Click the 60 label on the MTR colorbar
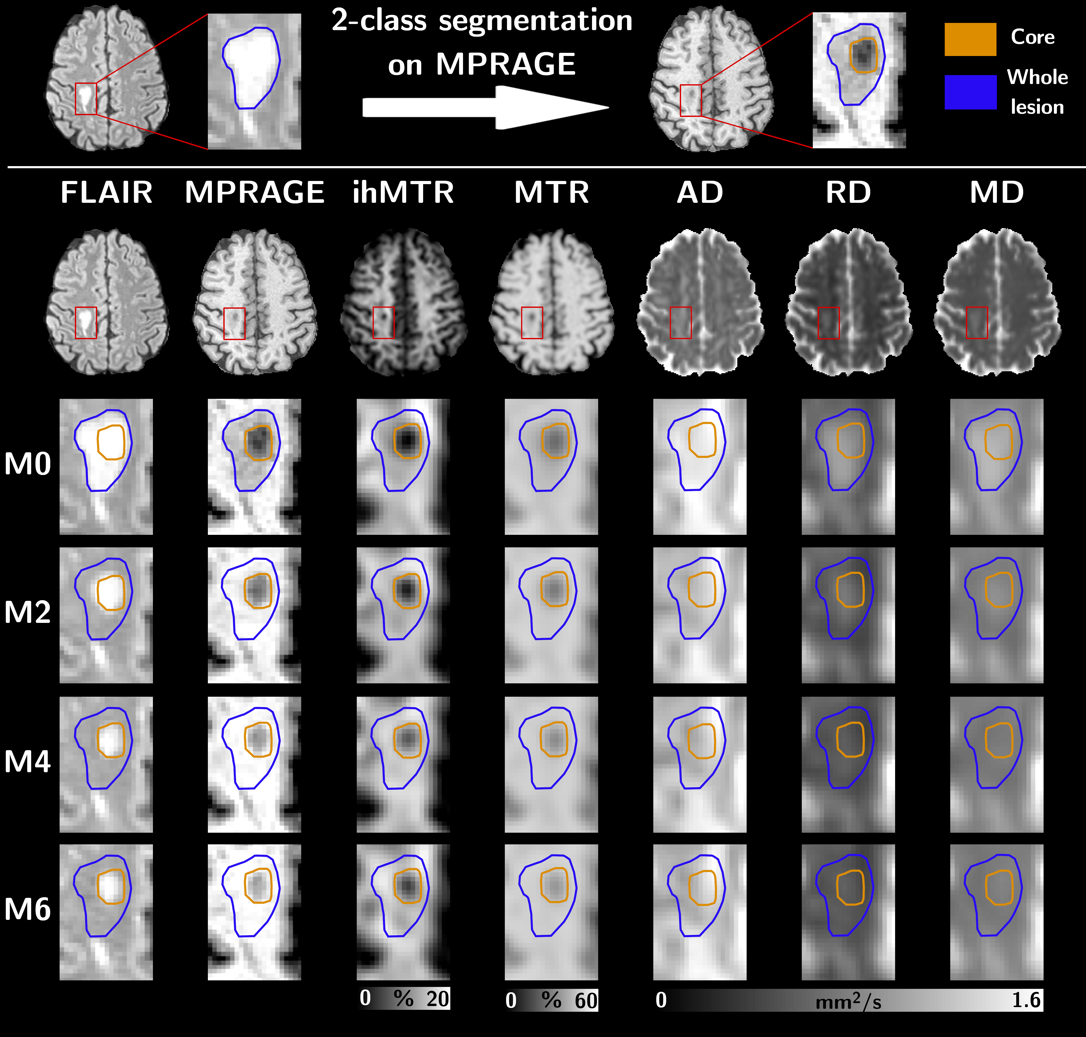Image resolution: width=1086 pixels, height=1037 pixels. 586,1001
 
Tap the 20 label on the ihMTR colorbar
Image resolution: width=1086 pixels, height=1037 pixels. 438,999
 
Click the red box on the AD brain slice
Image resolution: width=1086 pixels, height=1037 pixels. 680,323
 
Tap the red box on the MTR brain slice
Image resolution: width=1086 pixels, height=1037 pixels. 532,323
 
